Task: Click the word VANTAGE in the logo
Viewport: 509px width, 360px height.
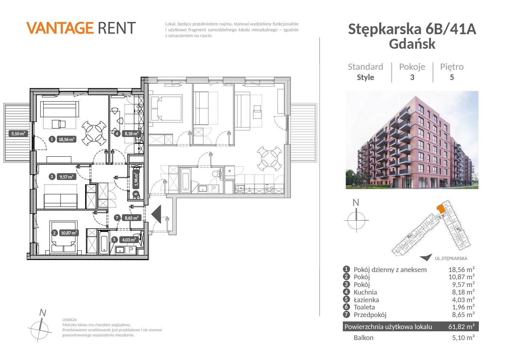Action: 60,28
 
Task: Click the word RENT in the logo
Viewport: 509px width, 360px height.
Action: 117,28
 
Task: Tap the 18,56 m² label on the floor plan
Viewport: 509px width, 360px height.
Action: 66,139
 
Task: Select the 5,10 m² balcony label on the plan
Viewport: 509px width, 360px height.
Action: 18,134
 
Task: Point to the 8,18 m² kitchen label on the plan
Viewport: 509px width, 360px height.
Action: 131,134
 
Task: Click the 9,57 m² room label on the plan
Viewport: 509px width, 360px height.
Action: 66,177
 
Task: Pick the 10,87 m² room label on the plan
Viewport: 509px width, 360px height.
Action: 69,233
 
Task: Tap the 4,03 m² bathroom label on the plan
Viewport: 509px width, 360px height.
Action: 129,240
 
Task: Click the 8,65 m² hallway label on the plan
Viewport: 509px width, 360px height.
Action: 132,218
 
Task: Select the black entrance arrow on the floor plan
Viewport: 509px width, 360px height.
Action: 157,214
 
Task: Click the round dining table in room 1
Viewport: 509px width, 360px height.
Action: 94,133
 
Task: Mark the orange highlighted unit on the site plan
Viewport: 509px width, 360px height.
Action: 441,209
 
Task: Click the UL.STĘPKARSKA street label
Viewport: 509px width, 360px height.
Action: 451,259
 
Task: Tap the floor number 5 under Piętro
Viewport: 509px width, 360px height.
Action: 452,77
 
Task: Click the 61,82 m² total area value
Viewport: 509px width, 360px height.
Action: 461,327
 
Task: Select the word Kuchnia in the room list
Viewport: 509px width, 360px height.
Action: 365,292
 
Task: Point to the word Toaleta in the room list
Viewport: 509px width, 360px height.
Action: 364,307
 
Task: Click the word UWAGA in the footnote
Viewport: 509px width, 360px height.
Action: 70,320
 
